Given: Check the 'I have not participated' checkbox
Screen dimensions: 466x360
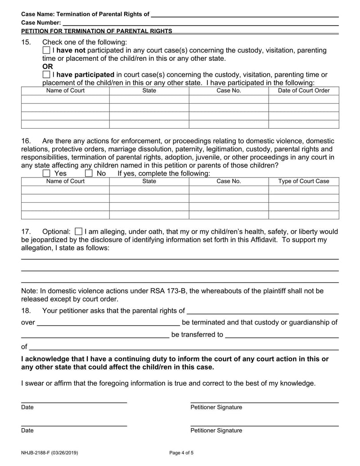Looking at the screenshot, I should pos(46,50).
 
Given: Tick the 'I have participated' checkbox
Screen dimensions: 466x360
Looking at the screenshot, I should pos(46,74).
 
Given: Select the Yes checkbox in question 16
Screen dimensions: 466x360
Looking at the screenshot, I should pos(46,173).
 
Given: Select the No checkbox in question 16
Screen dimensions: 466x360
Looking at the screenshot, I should pos(89,173).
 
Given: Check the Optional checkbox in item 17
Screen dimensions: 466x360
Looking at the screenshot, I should pos(78,231).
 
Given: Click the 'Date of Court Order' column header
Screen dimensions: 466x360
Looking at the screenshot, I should pos(304,90).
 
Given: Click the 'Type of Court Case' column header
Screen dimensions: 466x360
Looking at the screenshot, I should pos(304,181).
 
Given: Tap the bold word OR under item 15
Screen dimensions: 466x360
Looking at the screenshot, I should pos(48,67).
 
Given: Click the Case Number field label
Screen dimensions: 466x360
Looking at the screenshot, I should pos(41,23).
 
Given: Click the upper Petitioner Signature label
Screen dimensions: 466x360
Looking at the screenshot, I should pos(216,407).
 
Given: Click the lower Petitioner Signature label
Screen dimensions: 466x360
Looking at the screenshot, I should pos(216,430).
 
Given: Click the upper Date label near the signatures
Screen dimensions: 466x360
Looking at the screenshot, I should pos(27,407).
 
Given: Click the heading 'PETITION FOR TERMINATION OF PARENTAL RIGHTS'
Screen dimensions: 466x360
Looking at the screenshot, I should pos(97,31).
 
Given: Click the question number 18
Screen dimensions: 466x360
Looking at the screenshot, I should pos(26,311).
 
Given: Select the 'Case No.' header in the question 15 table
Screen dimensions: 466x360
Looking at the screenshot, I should pos(229,90).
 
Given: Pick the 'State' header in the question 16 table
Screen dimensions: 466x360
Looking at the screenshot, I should pos(149,181).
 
